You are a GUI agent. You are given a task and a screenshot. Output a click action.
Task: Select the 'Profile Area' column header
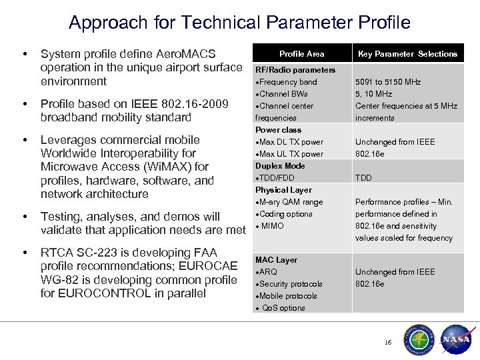coord(301,53)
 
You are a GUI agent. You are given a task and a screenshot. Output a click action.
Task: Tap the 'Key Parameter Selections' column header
coord(407,53)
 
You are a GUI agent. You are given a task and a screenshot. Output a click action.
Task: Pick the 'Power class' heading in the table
coord(279,130)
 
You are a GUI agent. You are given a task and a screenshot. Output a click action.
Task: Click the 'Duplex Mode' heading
coord(281,166)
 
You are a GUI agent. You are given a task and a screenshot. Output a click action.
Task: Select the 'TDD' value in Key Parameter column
coord(364,178)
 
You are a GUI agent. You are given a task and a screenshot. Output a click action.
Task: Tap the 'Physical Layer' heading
coord(284,190)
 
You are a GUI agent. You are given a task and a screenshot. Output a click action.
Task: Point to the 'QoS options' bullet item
coord(283,308)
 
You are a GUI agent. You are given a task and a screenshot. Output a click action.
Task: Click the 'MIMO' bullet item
coord(272,226)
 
